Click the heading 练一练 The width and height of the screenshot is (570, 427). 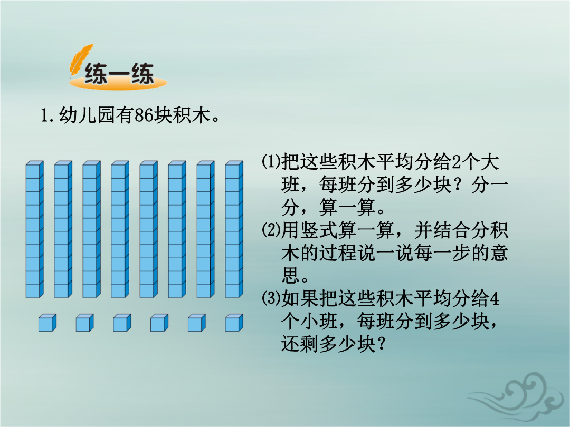[119, 74]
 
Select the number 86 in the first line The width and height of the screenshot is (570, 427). [144, 115]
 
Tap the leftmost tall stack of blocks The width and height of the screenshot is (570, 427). [34, 229]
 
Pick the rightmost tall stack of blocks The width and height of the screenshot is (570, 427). [234, 229]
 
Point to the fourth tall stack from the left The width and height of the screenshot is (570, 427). [120, 229]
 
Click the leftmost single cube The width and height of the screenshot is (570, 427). [47, 323]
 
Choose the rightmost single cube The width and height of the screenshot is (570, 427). [234, 323]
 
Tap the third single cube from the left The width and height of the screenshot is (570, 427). [122, 323]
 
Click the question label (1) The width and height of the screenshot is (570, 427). [271, 162]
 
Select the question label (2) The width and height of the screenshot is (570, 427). [271, 230]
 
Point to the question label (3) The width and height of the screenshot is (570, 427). [271, 298]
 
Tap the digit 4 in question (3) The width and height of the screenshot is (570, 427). [494, 299]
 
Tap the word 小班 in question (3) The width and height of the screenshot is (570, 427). [319, 322]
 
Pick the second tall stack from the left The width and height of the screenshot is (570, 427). [63, 229]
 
